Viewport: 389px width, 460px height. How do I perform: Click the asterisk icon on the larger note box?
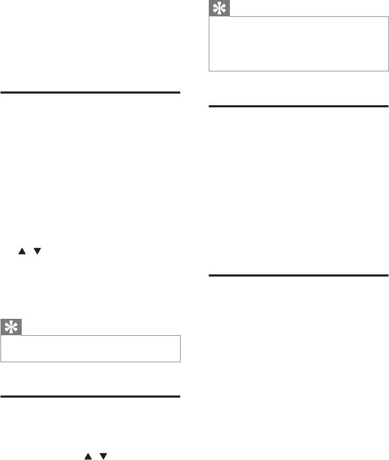[219, 8]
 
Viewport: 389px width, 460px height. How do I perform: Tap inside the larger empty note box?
[299, 44]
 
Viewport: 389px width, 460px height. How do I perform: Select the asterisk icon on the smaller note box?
[11, 327]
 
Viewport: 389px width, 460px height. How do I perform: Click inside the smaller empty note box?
[90, 348]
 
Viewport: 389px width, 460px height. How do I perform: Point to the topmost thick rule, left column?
[90, 93]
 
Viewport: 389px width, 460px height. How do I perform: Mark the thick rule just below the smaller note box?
[90, 396]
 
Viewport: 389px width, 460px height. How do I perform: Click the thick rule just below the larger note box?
[299, 106]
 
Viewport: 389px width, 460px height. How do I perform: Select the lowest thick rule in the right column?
[299, 275]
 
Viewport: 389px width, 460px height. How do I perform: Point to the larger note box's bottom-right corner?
[388, 71]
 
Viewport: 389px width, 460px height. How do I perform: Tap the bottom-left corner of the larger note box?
[209, 71]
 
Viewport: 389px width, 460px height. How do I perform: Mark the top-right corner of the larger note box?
[388, 16]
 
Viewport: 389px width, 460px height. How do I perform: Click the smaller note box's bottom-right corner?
[180, 362]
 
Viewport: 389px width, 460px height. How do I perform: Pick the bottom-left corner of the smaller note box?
[1, 362]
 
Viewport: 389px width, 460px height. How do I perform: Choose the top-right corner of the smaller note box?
[180, 335]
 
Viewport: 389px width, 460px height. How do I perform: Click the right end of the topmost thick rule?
[180, 93]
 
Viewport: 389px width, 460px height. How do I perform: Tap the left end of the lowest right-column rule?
[210, 275]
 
